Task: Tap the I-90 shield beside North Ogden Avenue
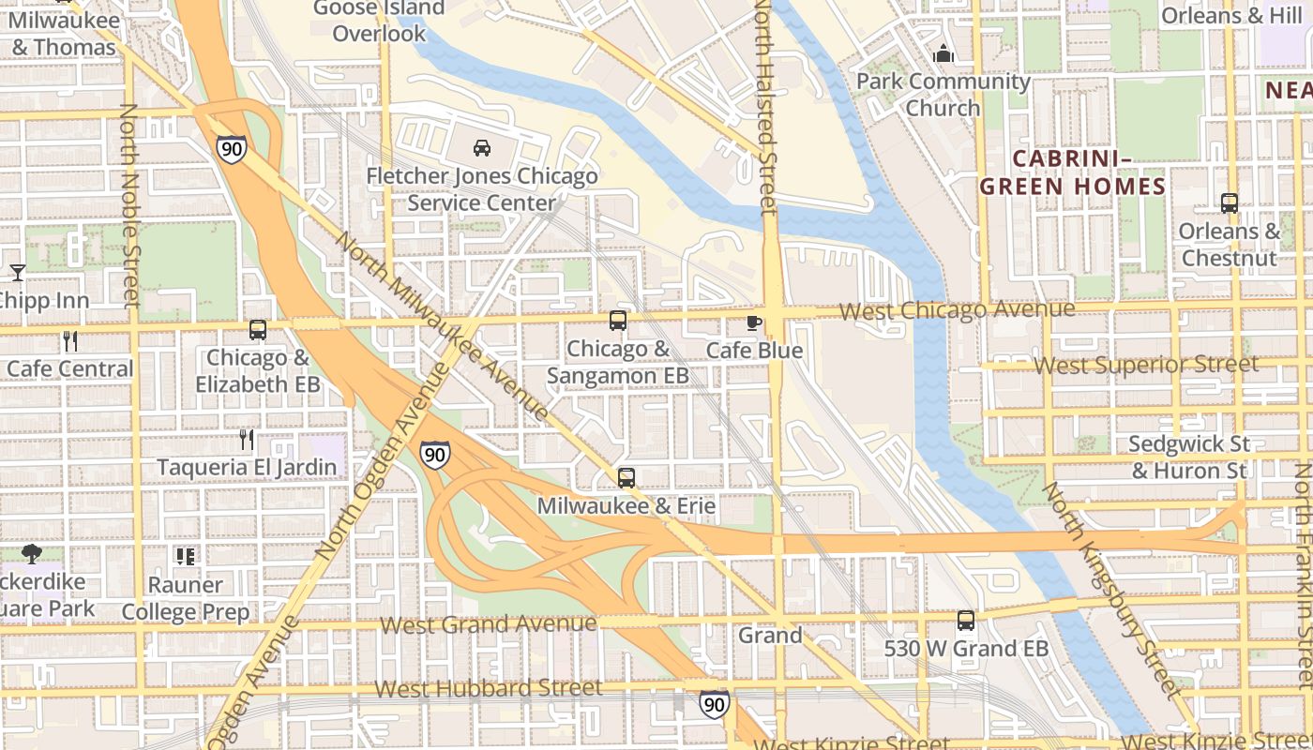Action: point(434,455)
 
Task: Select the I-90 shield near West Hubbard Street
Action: point(714,703)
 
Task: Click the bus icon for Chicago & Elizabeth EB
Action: point(258,330)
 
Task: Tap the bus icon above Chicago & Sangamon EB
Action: point(618,321)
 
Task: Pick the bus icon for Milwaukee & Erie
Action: point(626,478)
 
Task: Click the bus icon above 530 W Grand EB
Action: point(966,621)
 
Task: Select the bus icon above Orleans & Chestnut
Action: point(1230,202)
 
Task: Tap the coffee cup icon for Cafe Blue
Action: point(753,323)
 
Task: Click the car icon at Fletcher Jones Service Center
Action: point(481,148)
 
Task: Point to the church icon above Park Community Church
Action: point(943,53)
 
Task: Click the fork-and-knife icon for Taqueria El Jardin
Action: point(246,439)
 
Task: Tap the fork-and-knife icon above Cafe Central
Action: point(69,340)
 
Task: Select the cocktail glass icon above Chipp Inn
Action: point(17,273)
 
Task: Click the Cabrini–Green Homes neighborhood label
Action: point(1073,172)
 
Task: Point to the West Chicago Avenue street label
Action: point(957,309)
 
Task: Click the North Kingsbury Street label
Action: point(1110,590)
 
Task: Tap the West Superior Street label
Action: point(1146,365)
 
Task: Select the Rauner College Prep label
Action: point(186,598)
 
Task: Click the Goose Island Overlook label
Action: point(380,21)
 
